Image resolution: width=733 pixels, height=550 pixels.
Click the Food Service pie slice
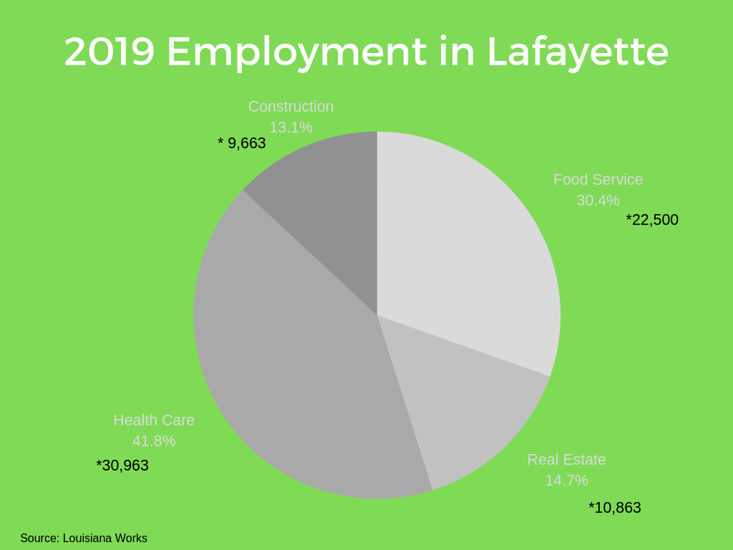[465, 251]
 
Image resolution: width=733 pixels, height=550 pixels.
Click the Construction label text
[291, 107]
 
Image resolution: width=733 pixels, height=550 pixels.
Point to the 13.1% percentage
[291, 127]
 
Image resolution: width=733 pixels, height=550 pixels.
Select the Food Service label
[598, 180]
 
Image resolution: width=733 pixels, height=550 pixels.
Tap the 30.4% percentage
[598, 201]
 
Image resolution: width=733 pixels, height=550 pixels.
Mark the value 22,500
[652, 220]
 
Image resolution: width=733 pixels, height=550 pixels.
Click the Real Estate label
[566, 460]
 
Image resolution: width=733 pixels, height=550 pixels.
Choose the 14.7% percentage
[566, 481]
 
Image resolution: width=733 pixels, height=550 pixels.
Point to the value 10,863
[615, 508]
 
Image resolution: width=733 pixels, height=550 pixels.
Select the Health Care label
[154, 420]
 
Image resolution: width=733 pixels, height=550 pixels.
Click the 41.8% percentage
[154, 441]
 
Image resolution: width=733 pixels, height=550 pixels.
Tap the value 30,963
[122, 465]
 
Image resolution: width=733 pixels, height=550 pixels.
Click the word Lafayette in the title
[577, 52]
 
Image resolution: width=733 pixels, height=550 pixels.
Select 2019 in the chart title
[109, 52]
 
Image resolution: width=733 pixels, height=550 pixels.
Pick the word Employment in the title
[296, 52]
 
